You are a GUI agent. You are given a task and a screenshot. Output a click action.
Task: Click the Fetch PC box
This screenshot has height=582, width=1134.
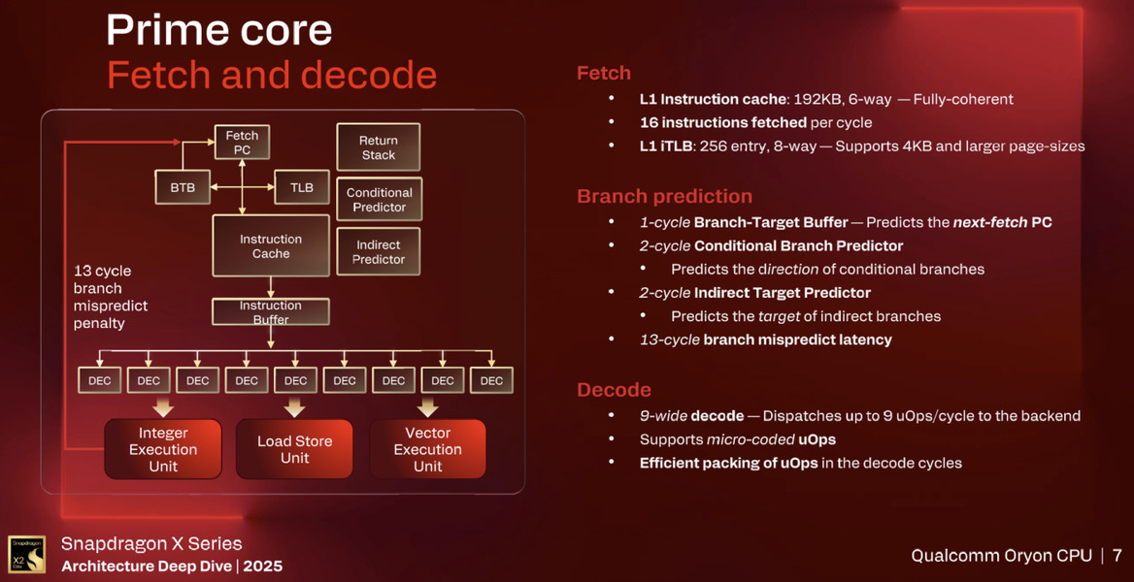[x=242, y=143]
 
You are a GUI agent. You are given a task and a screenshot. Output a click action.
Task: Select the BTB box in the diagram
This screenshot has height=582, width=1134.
[x=183, y=187]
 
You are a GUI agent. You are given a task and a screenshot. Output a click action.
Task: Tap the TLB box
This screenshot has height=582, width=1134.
[x=302, y=187]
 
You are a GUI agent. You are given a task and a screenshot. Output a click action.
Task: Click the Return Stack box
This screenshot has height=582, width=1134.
[x=378, y=147]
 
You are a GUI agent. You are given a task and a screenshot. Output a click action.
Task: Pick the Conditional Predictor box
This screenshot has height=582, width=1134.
[x=379, y=200]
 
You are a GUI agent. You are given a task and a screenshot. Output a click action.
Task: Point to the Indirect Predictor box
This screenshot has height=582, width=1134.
[x=379, y=252]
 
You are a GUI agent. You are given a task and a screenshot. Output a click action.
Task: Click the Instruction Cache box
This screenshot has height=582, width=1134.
[x=271, y=246]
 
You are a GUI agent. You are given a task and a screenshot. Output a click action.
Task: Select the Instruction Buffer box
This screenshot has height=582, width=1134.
[x=271, y=312]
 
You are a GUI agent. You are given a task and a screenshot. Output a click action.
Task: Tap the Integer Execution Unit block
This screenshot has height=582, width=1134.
[x=163, y=449]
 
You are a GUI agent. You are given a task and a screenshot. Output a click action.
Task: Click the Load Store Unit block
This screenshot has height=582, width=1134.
[x=294, y=449]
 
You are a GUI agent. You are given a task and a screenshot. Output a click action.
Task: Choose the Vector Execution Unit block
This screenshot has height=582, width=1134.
[x=427, y=449]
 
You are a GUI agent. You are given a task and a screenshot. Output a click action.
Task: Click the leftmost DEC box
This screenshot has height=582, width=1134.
[x=99, y=381]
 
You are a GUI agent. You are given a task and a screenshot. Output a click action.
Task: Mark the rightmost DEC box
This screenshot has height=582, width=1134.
[x=491, y=381]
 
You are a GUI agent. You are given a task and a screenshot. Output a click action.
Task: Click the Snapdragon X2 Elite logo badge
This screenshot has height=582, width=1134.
[x=26, y=555]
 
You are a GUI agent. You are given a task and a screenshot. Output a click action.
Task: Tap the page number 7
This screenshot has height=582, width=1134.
[x=1117, y=556]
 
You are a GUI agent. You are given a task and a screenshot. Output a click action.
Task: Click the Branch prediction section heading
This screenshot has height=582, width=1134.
[x=664, y=197]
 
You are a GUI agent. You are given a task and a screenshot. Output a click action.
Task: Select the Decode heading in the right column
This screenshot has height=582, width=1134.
[x=614, y=390]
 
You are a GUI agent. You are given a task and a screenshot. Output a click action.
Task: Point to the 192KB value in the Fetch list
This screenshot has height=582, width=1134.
[x=812, y=99]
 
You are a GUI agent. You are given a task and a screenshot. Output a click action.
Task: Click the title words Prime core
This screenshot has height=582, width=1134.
[x=218, y=31]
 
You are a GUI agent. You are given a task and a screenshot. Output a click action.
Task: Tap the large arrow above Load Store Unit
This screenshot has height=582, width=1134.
[x=294, y=406]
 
